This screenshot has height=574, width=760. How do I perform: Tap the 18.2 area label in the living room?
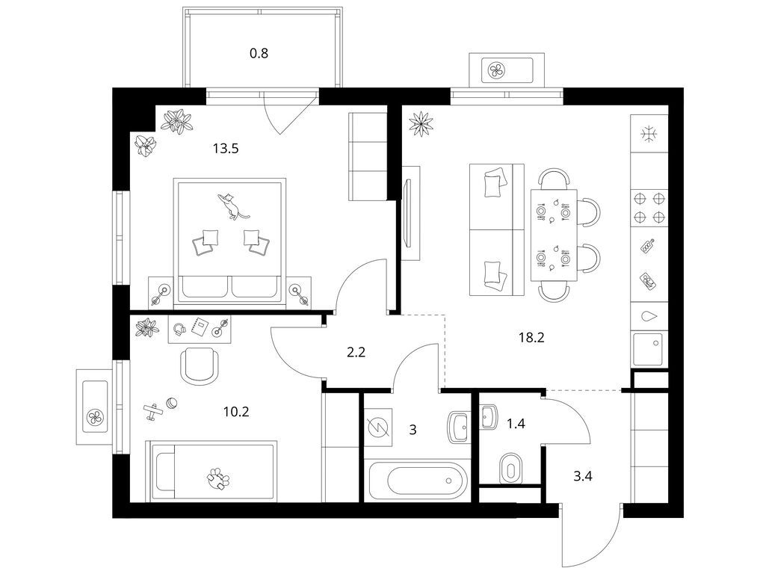(532, 337)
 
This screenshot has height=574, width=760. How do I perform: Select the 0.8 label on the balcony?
(259, 53)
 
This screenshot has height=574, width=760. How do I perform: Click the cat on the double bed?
(232, 206)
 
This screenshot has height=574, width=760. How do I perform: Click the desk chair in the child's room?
(200, 365)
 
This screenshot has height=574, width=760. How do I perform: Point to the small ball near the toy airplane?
(172, 402)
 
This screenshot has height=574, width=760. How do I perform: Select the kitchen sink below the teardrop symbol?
(647, 348)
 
